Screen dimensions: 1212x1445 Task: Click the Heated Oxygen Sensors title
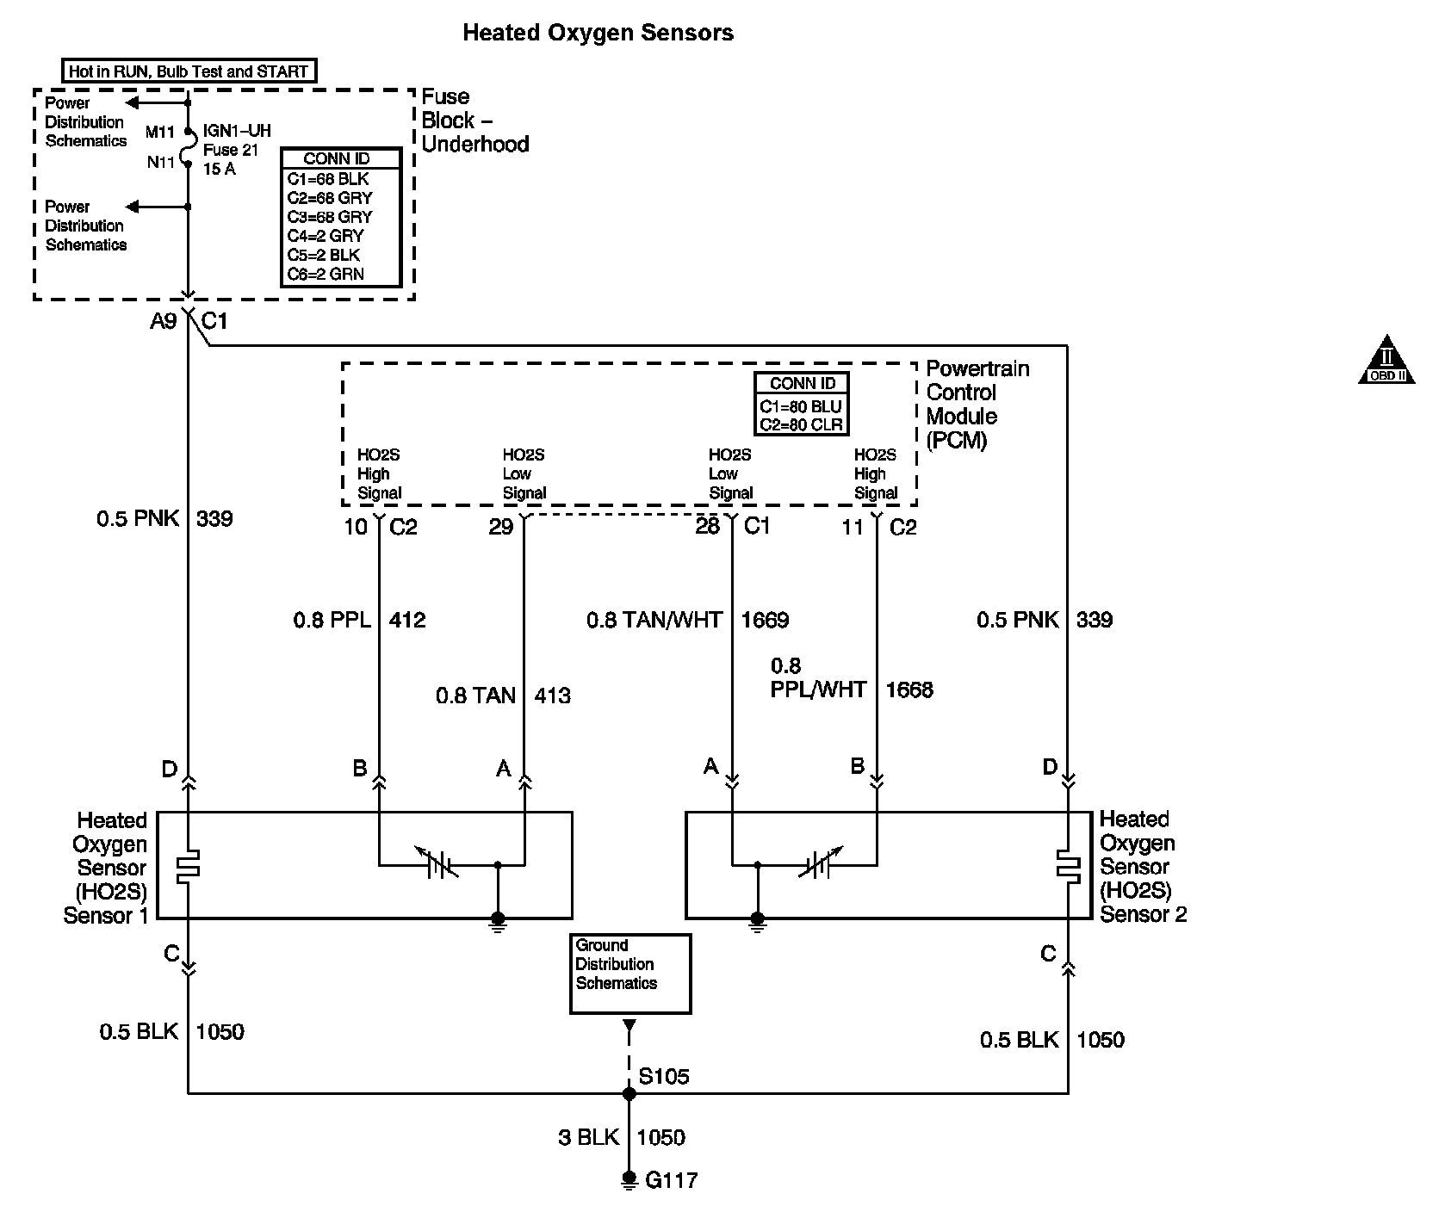pos(598,34)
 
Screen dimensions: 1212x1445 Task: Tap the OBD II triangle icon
pos(1386,361)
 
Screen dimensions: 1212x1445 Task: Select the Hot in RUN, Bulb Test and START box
pos(189,71)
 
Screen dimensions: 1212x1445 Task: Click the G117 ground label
pos(671,1179)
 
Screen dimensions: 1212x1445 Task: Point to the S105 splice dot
pos(629,1093)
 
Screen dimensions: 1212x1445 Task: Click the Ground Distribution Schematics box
pos(630,973)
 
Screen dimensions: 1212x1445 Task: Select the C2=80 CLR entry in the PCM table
pos(800,424)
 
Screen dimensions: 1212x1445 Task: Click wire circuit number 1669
pos(765,620)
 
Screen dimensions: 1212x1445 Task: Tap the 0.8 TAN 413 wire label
pos(502,696)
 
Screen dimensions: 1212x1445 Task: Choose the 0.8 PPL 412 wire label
pos(359,620)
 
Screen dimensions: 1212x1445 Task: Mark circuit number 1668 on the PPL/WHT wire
pos(909,689)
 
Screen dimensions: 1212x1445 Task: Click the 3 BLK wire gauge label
pos(588,1137)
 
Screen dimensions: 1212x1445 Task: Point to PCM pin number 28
pos(707,527)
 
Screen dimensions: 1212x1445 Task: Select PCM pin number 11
pos(852,527)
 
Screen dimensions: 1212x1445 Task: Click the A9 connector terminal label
pos(163,321)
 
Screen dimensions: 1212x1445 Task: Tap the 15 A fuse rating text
pos(219,169)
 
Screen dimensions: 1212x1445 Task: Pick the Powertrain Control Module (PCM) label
pos(977,404)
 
